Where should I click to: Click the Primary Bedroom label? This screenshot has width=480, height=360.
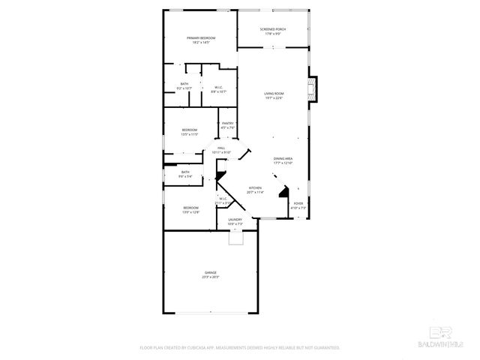(201, 37)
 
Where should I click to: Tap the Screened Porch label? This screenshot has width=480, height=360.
(273, 29)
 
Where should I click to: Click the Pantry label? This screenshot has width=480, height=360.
(227, 123)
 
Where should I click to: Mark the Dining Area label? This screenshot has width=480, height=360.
(283, 159)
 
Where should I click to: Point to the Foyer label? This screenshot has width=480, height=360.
(298, 203)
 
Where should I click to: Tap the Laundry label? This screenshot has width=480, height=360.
(235, 220)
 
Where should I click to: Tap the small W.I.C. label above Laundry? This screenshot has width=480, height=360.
(223, 199)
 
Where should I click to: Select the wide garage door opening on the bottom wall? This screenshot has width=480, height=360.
(210, 313)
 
